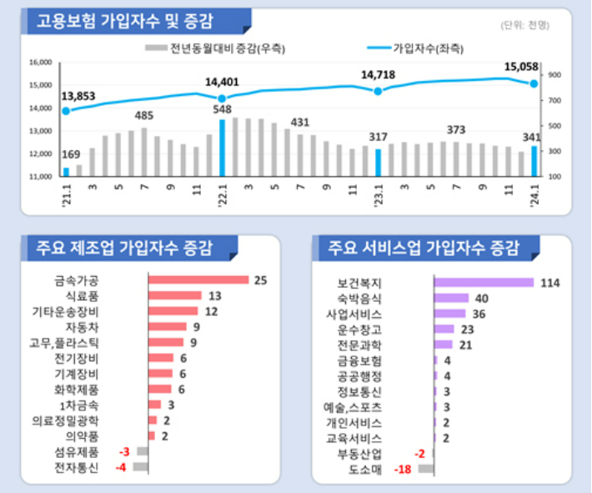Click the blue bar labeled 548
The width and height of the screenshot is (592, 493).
pos(222,148)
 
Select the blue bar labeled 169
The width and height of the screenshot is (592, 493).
pos(67,172)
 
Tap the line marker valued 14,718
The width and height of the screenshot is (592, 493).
pos(378,91)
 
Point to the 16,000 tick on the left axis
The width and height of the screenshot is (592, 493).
pos(40,63)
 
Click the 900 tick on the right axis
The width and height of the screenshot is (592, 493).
pos(554,75)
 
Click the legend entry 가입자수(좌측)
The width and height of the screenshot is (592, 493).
pos(428,48)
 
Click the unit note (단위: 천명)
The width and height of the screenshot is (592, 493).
pos(525,26)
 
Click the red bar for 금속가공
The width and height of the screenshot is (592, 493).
pos(198,279)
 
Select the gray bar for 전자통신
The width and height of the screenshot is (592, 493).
pos(140,467)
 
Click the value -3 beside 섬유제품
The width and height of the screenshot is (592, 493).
pos(124,451)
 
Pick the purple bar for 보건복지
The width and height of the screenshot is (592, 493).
pos(484,283)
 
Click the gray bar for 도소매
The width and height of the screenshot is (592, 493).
pos(426,470)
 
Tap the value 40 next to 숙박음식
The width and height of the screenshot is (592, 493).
pos(481,299)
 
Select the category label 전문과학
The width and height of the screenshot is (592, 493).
pos(359,345)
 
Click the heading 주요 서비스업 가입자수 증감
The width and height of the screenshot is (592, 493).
pos(424,248)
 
